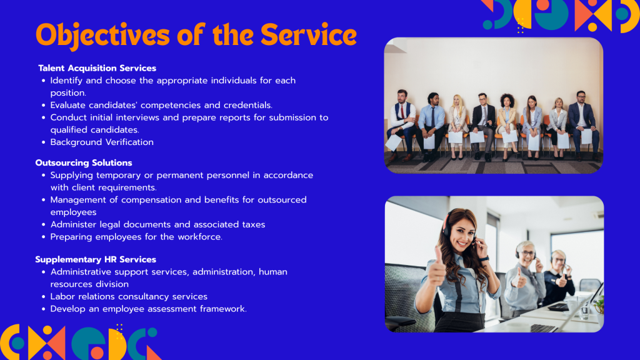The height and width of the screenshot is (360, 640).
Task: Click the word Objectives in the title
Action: [102, 36]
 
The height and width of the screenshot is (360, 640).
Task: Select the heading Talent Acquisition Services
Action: [97, 68]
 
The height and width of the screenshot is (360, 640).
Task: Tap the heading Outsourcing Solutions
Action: [84, 163]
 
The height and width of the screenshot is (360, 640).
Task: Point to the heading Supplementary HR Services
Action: [96, 259]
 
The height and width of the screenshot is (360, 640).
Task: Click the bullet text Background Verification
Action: [102, 142]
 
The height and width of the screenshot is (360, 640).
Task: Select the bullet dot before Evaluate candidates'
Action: [44, 105]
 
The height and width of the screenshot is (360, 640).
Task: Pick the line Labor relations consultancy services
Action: [129, 297]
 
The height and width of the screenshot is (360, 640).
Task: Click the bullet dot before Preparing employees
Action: [44, 237]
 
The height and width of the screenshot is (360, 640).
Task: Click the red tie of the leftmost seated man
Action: [402, 111]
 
